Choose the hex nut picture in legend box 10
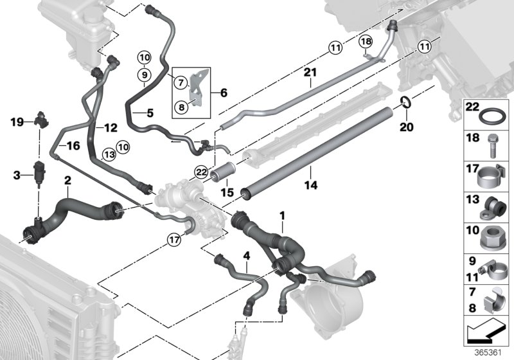click(493, 240)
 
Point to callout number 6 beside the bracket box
click(224, 93)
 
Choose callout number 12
click(111, 128)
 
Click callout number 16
click(74, 146)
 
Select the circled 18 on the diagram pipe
click(366, 42)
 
